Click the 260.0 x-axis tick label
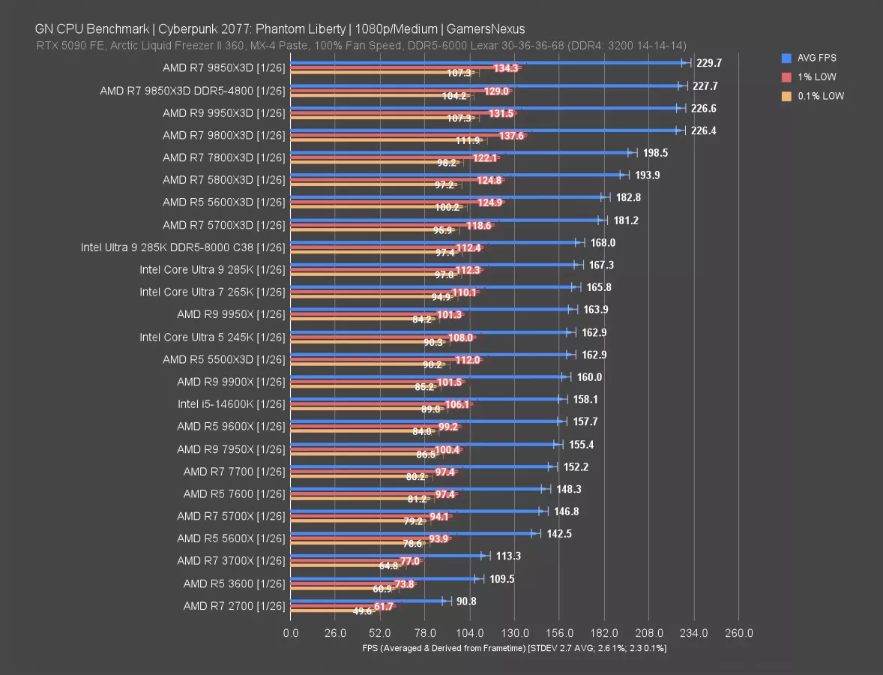tap(739, 633)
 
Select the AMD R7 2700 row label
tap(234, 606)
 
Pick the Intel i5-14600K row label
tap(232, 403)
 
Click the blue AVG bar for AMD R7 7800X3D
tap(461, 152)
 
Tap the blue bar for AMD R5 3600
tap(382, 578)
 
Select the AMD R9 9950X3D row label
tap(224, 112)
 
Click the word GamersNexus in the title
tap(485, 29)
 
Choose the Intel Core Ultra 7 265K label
tap(212, 292)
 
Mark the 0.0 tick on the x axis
tap(290, 633)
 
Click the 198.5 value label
tap(655, 153)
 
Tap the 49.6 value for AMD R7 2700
tap(362, 611)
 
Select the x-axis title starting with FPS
tap(514, 647)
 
